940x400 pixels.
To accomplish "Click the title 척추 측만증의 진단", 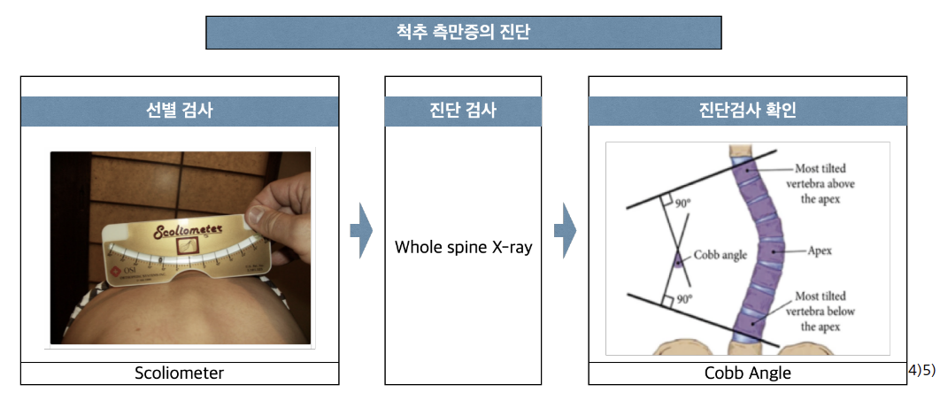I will [463, 33].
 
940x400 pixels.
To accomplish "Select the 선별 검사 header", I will [179, 112].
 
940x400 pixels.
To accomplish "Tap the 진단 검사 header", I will [462, 112].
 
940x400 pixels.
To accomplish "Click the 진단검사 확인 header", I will [747, 112].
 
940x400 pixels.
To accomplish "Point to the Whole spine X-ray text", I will [463, 247].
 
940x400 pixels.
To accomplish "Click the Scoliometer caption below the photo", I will [179, 373].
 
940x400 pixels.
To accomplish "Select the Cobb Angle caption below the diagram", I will [747, 373].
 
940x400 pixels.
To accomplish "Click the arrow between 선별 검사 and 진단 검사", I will [360, 231].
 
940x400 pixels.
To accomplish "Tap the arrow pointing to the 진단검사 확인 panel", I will [565, 231].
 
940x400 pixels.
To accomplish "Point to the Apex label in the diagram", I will [819, 250].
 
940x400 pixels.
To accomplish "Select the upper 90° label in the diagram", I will [683, 203].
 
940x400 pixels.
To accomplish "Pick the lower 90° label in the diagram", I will [683, 300].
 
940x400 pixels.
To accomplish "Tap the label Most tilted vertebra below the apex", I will [820, 311].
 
